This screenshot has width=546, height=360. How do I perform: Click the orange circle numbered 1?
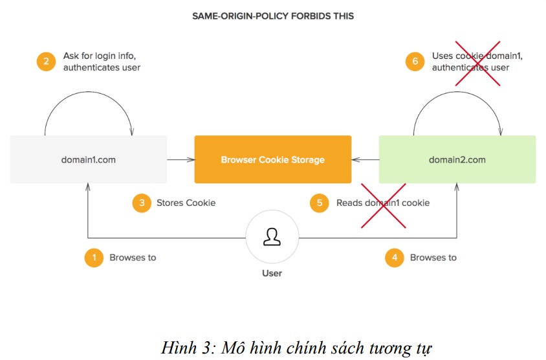coord(94,258)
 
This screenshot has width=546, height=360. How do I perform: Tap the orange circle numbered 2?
coord(46,62)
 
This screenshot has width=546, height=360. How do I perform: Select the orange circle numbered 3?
coord(142,203)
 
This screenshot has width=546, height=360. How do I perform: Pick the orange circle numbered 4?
coord(395,258)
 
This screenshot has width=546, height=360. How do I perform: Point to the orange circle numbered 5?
coord(320,203)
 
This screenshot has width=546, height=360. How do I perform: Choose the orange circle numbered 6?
coord(415,62)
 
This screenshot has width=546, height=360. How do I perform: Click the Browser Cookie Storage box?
coord(272,159)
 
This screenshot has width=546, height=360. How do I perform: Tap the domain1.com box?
coord(89,159)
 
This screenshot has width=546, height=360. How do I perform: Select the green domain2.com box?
coord(457,159)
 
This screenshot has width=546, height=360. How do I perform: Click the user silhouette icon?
coord(272,237)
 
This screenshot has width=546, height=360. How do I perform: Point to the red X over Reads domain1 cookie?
coord(384,206)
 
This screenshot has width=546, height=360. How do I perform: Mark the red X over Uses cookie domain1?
coord(477,63)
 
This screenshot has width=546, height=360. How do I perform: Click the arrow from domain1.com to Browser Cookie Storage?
coord(180,160)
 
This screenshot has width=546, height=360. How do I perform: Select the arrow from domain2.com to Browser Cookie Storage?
coord(366,160)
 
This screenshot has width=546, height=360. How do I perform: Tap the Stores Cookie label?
coord(186,203)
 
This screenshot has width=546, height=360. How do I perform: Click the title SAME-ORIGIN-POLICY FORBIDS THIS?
coord(273,16)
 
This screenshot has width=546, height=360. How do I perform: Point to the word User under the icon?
coord(272,273)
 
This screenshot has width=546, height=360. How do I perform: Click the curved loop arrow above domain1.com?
coord(89,92)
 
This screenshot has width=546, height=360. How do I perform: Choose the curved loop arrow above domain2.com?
coord(457,92)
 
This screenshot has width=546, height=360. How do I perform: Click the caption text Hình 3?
coord(189,348)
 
